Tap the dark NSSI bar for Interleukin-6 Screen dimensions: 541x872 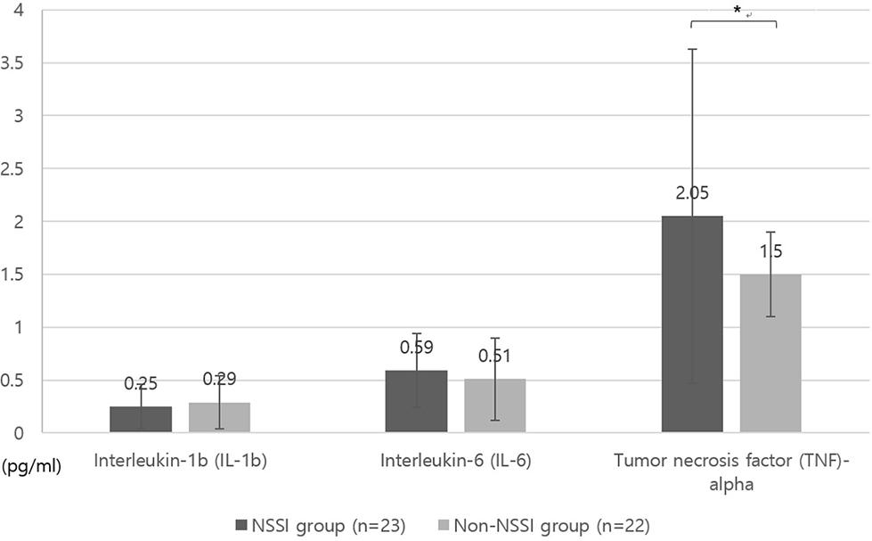[416, 402]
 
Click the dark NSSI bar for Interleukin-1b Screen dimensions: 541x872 [141, 420]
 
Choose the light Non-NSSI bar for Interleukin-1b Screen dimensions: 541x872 [219, 418]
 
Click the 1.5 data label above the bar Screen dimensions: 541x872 [770, 252]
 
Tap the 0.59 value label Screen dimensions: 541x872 [416, 347]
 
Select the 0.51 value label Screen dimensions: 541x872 [494, 356]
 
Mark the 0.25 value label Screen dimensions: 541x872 [141, 383]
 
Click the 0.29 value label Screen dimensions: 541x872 [219, 379]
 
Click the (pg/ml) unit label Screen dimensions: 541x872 [31, 464]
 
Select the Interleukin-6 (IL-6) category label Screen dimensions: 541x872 [454, 461]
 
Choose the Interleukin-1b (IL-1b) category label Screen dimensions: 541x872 [180, 461]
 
